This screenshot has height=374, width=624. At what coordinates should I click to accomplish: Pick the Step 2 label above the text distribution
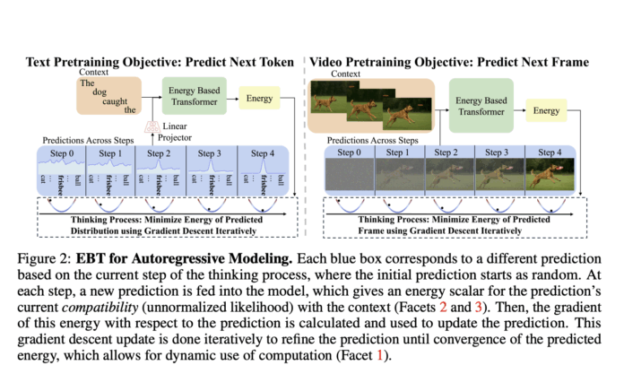161,154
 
